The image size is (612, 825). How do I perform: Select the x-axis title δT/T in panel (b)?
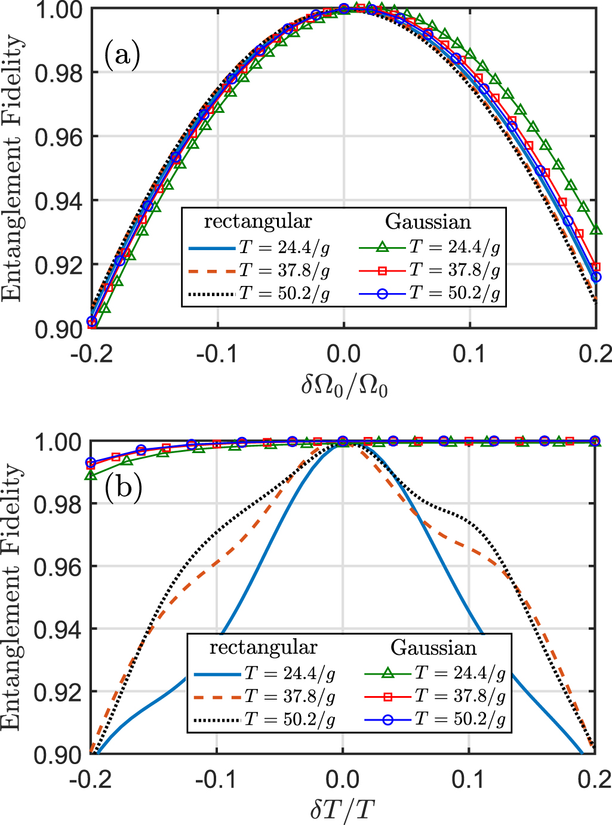click(343, 810)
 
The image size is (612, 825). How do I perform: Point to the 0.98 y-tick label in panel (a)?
click(58, 73)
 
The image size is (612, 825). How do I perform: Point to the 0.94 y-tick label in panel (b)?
click(58, 630)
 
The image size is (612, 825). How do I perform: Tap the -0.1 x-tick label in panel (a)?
click(217, 354)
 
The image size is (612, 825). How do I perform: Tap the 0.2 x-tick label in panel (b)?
click(595, 780)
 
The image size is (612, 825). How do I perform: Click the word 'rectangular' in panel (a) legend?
click(258, 221)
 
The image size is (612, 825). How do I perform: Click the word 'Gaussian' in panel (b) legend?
click(433, 648)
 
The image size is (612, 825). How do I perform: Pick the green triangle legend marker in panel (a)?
click(383, 247)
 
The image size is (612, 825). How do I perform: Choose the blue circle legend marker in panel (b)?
click(388, 720)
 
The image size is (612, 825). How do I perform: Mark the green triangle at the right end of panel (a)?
click(595, 229)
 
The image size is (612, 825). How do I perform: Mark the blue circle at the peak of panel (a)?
click(344, 8)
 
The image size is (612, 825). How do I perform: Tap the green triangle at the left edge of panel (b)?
click(91, 476)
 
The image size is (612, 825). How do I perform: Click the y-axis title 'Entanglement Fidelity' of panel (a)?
click(13, 168)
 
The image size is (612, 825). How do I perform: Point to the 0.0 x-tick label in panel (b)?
click(343, 780)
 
